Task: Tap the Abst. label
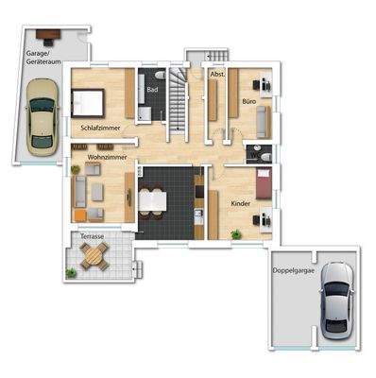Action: coord(217,73)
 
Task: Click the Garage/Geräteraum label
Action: coord(43,60)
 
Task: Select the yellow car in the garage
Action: coord(40,118)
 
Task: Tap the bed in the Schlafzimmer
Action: coord(87,99)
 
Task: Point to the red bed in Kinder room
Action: coord(264,182)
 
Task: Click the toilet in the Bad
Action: coord(162,74)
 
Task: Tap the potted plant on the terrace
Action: coord(71,273)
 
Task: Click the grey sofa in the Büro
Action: coord(264,121)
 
